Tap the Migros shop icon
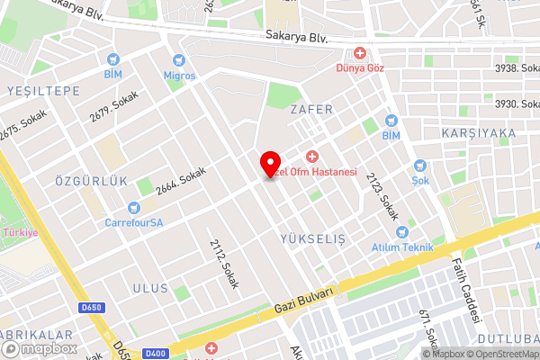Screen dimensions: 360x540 [x=178, y=61]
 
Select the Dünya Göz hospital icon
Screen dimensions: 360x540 [x=361, y=54]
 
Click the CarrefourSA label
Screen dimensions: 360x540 [x=133, y=222]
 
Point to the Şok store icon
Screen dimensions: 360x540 [x=419, y=166]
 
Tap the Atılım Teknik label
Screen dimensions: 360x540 [x=401, y=247]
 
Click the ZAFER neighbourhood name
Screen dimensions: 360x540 [x=311, y=109]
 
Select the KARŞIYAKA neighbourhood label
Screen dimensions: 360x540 [x=479, y=133]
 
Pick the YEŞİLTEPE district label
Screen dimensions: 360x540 [x=43, y=91]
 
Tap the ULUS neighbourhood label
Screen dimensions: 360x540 [x=150, y=288]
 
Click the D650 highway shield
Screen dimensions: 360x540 [x=90, y=308]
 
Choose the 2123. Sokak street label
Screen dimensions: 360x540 [x=382, y=197]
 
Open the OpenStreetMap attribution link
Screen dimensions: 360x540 [x=499, y=354]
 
